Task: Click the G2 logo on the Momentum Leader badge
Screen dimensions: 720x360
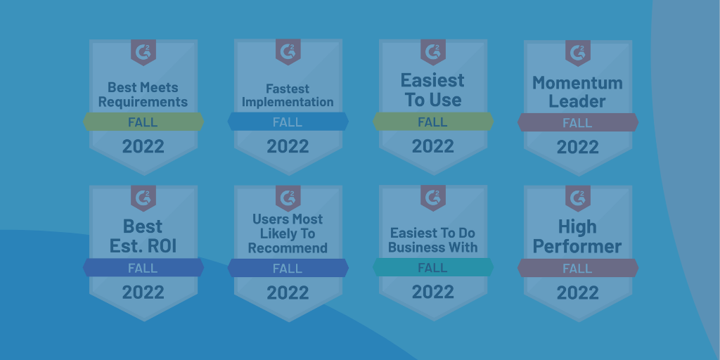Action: (x=578, y=52)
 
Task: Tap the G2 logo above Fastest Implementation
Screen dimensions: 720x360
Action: (x=288, y=51)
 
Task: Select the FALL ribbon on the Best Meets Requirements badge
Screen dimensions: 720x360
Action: (x=143, y=122)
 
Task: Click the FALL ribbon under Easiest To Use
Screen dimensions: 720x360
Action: (x=433, y=122)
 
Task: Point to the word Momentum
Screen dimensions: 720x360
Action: (x=578, y=83)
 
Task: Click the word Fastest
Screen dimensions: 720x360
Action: (x=288, y=88)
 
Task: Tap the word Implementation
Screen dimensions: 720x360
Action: (x=288, y=101)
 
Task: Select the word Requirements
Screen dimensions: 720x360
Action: (x=143, y=101)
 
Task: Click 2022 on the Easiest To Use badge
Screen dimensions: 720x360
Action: (x=433, y=146)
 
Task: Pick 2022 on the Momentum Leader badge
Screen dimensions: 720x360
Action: (x=578, y=147)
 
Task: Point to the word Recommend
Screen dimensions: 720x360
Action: (x=288, y=248)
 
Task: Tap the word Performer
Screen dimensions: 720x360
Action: (x=578, y=246)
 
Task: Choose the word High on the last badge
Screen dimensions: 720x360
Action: (x=578, y=226)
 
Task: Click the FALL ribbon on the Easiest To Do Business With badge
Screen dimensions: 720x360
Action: (x=433, y=267)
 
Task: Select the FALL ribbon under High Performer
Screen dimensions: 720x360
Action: (x=578, y=268)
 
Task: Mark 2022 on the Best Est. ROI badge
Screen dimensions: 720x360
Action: (x=143, y=292)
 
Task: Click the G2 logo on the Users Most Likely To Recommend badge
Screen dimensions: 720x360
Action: (x=288, y=198)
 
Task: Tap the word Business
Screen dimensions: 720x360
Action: (x=410, y=247)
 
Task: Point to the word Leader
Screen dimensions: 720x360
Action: (x=578, y=101)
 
